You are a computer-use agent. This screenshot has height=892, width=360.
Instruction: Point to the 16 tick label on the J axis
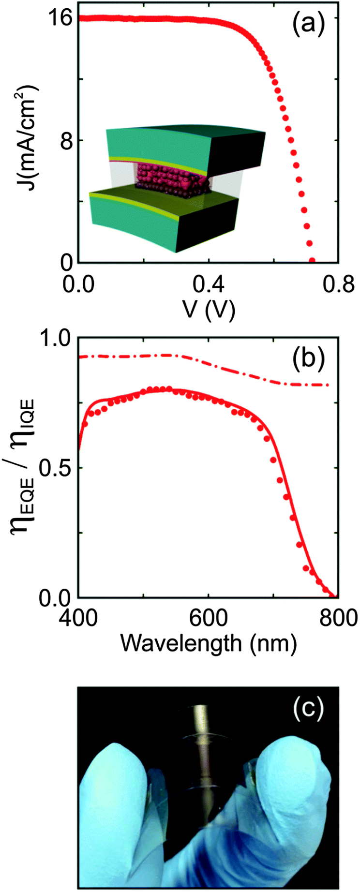(60, 18)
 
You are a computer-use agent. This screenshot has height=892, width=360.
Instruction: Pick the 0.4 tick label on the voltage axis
(208, 285)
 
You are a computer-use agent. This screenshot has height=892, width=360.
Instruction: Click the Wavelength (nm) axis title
(208, 643)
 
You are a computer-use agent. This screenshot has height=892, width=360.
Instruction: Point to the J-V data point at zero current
(312, 260)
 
